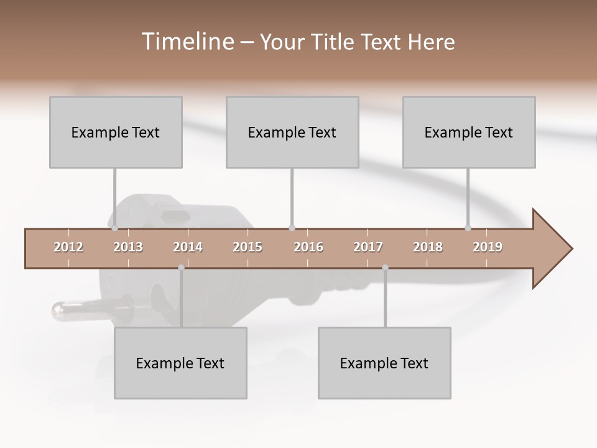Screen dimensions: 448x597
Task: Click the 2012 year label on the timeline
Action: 68,247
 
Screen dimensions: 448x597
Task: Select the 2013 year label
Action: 128,247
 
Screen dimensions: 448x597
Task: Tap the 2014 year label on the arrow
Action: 188,247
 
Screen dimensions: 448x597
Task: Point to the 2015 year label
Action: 248,247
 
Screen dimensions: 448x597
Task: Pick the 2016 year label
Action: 308,247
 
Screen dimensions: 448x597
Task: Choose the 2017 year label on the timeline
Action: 368,247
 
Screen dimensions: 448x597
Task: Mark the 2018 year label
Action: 428,247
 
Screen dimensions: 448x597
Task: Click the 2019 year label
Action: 488,247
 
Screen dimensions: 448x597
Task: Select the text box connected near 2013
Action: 116,132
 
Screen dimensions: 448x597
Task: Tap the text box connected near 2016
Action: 292,132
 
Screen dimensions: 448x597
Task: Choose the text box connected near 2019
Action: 469,132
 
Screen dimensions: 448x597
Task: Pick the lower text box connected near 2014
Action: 180,363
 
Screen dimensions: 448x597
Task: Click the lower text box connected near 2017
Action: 384,363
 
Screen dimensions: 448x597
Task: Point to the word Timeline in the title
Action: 187,42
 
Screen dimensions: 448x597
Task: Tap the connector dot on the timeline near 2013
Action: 115,228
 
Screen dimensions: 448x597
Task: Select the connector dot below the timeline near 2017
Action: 385,268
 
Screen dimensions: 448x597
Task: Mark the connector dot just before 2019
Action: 468,228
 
